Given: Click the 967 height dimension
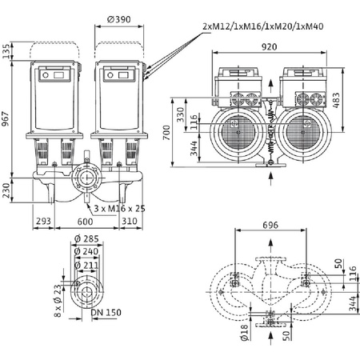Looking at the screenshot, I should coord(7,121).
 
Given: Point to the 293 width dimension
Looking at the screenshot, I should coord(42,221).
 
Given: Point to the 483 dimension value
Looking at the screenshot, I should coord(346,95).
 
